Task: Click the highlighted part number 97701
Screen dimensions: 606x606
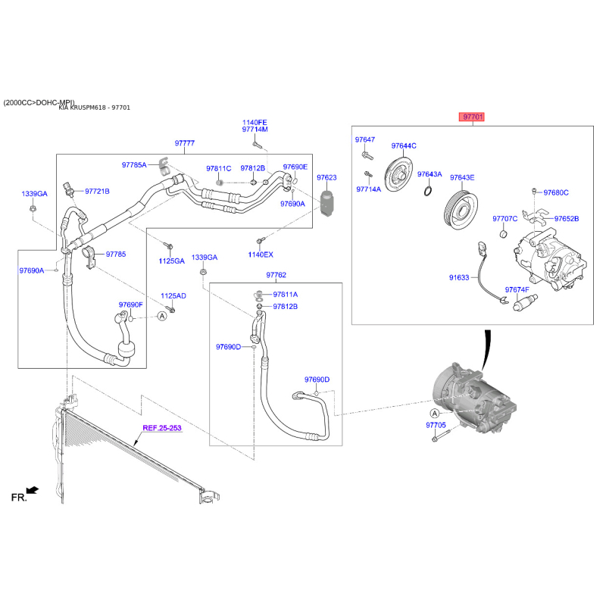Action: pos(473,117)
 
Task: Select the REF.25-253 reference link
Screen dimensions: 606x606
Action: pos(163,428)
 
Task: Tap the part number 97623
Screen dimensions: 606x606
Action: pos(326,178)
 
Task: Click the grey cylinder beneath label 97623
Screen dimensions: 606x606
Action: pos(326,204)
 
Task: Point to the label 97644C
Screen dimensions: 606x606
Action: pos(404,145)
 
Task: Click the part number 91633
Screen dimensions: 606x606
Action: pos(459,278)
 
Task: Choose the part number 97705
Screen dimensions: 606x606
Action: pos(437,426)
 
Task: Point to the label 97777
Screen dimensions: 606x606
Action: pos(184,143)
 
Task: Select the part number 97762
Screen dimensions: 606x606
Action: pos(276,275)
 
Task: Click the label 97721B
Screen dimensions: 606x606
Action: pos(97,192)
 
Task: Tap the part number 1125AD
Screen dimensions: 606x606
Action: pos(173,296)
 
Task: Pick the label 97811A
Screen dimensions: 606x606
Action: pos(286,294)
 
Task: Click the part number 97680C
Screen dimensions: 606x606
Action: pos(556,192)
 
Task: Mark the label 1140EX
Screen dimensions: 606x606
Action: pos(261,255)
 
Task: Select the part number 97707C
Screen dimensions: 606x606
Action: pos(504,219)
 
